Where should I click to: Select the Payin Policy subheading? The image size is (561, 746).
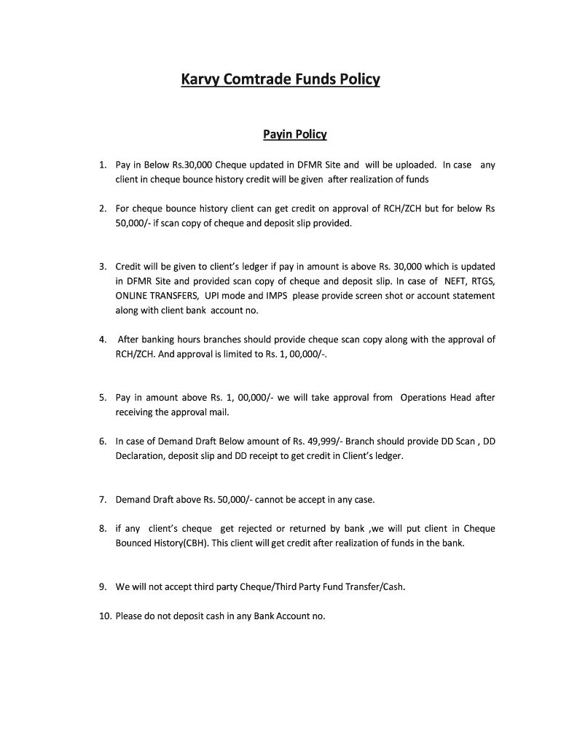tap(294, 135)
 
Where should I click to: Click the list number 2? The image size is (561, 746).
tap(103, 208)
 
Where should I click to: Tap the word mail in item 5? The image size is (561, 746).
tap(220, 412)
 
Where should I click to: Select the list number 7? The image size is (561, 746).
tap(103, 500)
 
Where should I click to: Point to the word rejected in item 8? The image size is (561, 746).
tap(253, 529)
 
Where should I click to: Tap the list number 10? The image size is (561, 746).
tap(105, 616)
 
